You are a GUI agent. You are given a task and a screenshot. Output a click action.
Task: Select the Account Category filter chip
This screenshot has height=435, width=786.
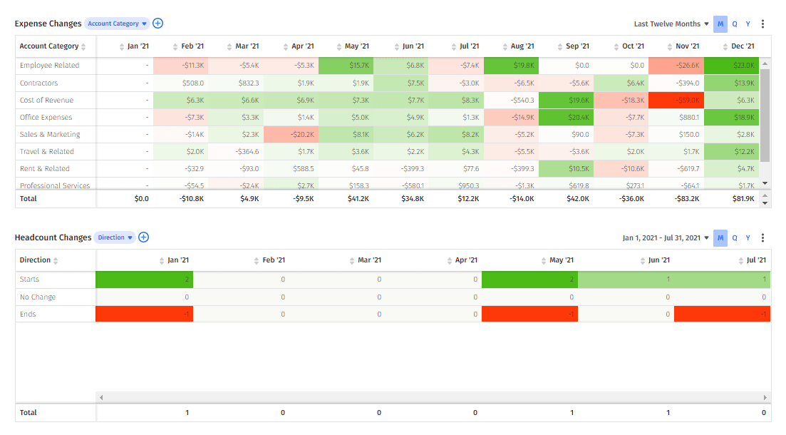tap(117, 24)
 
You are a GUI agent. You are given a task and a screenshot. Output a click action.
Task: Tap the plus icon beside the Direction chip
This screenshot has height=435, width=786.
tap(143, 237)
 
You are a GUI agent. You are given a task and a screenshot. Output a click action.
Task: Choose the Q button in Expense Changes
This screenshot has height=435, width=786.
tap(735, 24)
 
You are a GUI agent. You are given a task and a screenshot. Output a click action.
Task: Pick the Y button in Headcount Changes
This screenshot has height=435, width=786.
tap(748, 237)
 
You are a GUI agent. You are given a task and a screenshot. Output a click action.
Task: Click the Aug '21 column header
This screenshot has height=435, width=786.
tap(522, 46)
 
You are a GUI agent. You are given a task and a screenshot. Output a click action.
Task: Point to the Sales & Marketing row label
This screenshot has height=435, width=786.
tap(50, 134)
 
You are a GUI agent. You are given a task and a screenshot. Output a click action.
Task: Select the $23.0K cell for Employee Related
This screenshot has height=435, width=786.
tap(732, 66)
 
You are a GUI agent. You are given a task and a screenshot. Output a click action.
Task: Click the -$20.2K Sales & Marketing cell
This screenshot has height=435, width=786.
tap(291, 134)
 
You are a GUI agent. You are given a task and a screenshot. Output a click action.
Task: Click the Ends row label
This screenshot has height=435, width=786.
tap(28, 314)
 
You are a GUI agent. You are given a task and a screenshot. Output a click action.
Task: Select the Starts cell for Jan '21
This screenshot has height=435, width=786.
tap(144, 280)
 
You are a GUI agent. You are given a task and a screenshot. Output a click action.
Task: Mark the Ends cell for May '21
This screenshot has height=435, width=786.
tap(529, 314)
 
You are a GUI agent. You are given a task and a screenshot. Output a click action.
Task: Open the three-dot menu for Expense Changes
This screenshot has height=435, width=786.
tap(762, 24)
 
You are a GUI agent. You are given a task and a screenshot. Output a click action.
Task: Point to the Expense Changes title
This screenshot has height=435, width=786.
tap(48, 24)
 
